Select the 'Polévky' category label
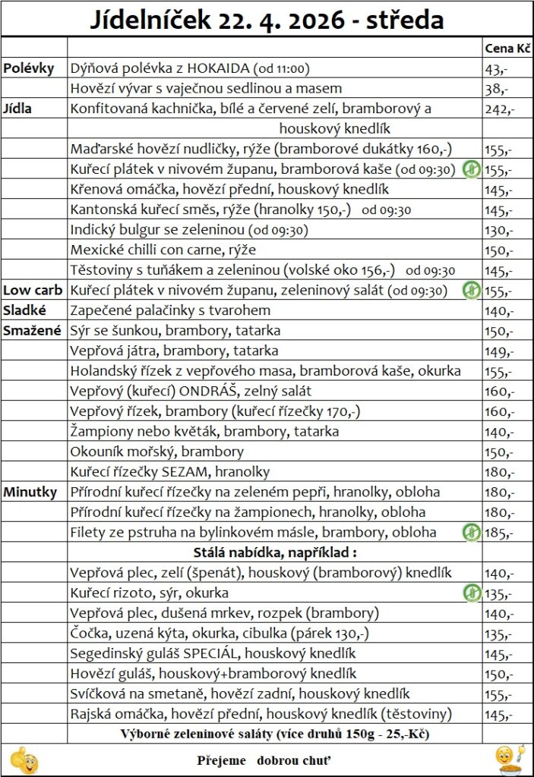click(29, 68)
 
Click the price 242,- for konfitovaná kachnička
click(499, 109)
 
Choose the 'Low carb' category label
click(33, 290)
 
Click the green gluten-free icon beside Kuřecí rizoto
click(471, 593)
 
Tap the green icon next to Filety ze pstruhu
click(471, 532)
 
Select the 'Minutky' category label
click(30, 492)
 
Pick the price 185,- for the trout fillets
click(498, 532)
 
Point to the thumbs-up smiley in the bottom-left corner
click(25, 759)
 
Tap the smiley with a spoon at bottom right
click(507, 759)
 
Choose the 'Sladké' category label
click(26, 310)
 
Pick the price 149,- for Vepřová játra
click(498, 351)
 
